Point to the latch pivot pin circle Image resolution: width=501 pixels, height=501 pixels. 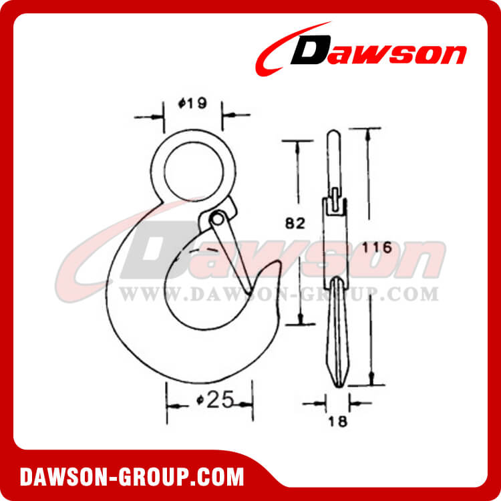pos(217,218)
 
